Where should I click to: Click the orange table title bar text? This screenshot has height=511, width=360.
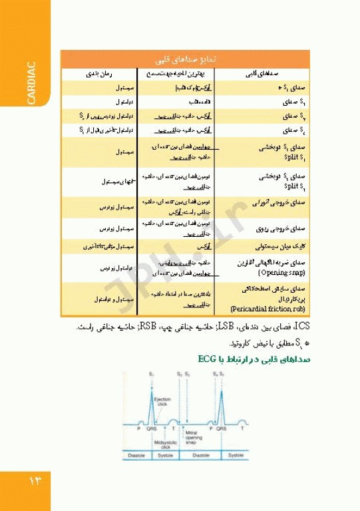198,59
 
